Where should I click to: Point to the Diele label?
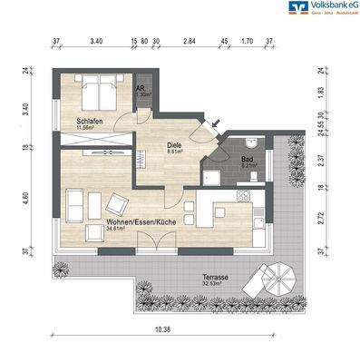tap(174, 145)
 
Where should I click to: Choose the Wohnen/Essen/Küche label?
tap(141, 222)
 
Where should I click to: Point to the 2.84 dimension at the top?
tap(189, 42)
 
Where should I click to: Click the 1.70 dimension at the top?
tap(246, 42)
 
